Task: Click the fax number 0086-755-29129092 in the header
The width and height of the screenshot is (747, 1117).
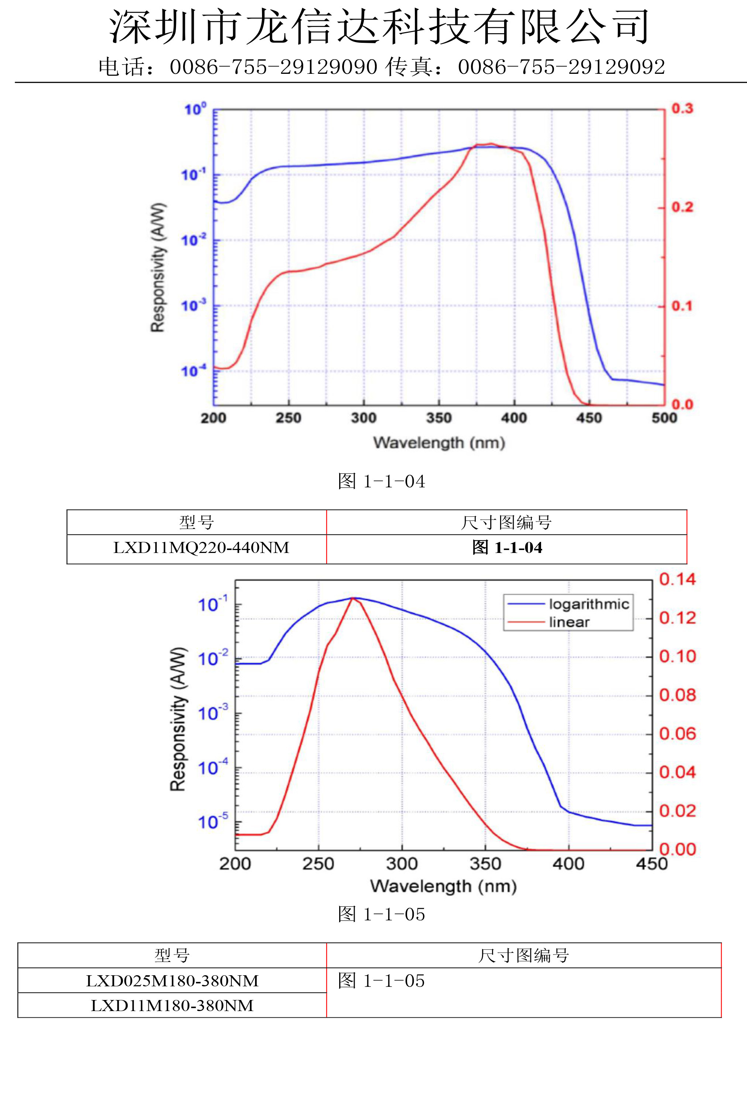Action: click(x=561, y=67)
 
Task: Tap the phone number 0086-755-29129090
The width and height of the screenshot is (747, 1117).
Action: click(x=273, y=67)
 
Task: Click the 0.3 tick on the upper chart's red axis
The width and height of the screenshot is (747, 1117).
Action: click(x=682, y=109)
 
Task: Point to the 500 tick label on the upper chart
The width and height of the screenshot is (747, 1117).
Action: click(x=664, y=418)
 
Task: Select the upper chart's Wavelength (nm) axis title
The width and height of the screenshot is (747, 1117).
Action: click(x=439, y=443)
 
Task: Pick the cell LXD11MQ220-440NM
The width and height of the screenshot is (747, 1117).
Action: click(x=201, y=548)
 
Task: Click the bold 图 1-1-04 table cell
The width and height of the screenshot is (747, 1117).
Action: click(x=507, y=548)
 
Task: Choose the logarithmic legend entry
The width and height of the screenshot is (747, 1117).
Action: click(x=589, y=604)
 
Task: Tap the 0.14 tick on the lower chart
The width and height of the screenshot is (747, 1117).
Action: click(x=677, y=579)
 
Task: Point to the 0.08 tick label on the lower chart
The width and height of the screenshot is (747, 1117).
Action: click(x=677, y=695)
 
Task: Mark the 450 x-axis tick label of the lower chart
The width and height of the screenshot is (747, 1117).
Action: click(x=651, y=864)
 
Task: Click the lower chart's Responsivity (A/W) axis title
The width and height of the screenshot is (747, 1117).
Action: click(x=178, y=719)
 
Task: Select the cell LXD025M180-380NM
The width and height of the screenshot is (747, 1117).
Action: click(x=172, y=981)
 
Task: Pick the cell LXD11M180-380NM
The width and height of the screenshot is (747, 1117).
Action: click(x=172, y=1006)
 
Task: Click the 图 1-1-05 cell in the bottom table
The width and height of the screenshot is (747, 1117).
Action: click(x=381, y=981)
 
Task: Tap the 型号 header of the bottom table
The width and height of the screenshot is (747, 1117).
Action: click(x=172, y=955)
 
